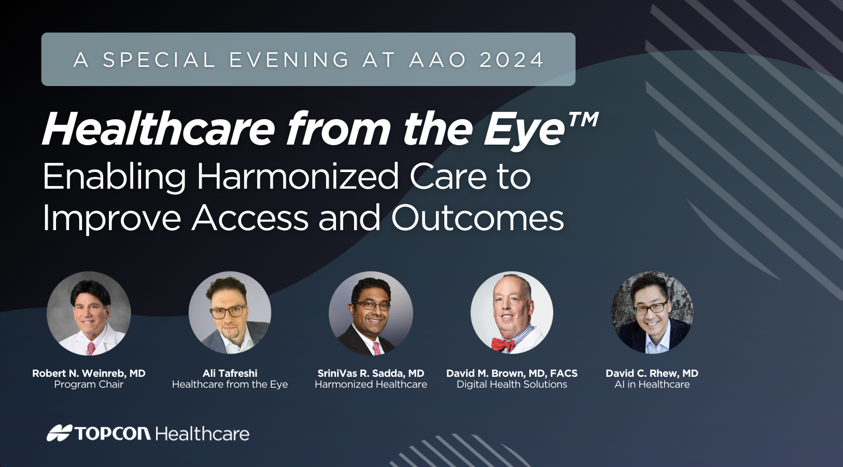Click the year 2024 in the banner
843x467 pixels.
tap(511, 60)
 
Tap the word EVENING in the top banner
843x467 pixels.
tap(289, 60)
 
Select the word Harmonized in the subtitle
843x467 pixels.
tap(298, 176)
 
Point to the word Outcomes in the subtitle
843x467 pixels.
tap(477, 218)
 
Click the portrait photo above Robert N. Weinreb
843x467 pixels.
tap(89, 314)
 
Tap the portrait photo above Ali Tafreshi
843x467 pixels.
tap(230, 313)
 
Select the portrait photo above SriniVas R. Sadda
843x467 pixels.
tap(371, 314)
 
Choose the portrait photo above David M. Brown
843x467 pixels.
tap(512, 313)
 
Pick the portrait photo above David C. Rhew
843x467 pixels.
tap(652, 313)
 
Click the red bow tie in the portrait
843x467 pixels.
tap(503, 344)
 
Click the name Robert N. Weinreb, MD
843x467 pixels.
tap(89, 373)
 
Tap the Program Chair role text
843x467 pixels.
tap(89, 384)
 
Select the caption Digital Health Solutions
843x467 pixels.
tap(512, 384)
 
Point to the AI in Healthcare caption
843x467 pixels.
tap(652, 384)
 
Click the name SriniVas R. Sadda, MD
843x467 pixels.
tap(371, 373)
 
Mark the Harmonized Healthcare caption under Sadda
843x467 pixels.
tap(371, 384)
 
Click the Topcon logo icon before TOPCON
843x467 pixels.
tap(60, 433)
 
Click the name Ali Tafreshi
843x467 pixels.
tap(230, 373)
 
